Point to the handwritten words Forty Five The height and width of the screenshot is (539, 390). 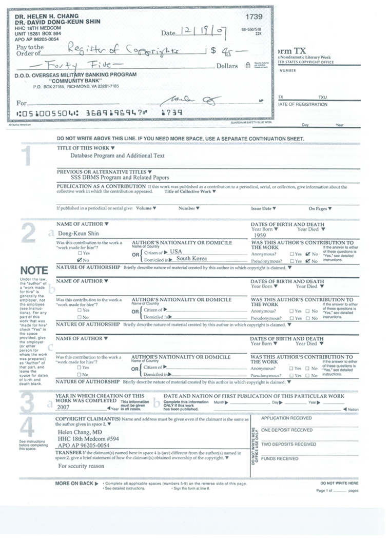(85, 66)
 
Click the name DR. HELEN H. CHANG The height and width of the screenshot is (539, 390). (42, 17)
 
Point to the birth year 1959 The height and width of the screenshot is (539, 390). (259, 235)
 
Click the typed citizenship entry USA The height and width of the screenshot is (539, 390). (176, 252)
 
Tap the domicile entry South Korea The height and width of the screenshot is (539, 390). (191, 259)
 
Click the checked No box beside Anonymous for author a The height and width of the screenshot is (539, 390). (307, 254)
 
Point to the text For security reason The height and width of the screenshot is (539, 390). (81, 466)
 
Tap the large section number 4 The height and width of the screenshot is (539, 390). (27, 428)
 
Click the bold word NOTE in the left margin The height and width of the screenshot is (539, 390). (34, 270)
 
